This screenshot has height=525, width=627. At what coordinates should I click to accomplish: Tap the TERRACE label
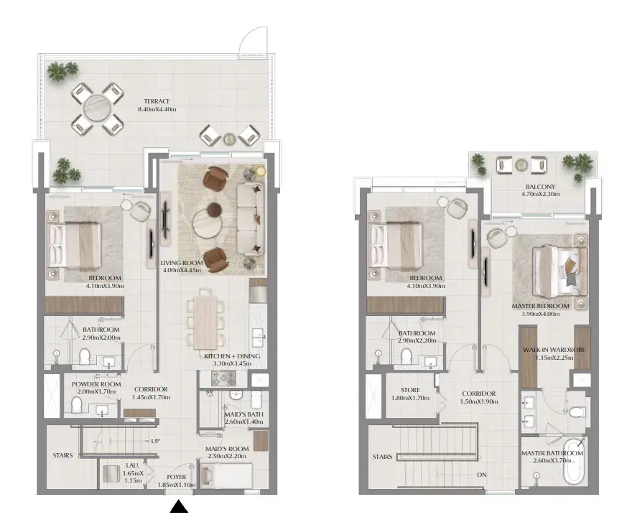coord(157,101)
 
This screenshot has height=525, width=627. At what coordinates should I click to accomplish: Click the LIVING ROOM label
coord(182,263)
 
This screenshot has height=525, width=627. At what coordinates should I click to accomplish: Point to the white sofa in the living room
coord(251,219)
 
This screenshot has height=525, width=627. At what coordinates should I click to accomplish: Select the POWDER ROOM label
coord(96,384)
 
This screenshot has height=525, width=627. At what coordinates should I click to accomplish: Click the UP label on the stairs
coord(155,441)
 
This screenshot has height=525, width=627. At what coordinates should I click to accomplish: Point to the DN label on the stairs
coord(481,475)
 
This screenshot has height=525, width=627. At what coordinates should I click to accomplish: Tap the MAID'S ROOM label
coord(227,449)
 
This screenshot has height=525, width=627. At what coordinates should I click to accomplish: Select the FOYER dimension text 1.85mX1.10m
coord(177,485)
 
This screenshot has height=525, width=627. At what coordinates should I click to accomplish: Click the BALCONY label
coord(540,187)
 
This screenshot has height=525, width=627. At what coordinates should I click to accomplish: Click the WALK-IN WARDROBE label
coord(554,350)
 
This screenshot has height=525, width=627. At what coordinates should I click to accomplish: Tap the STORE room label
coord(410,390)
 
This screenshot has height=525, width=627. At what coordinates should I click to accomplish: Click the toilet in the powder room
coord(76,404)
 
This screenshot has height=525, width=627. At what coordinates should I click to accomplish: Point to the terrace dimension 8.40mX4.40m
coord(157,109)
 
